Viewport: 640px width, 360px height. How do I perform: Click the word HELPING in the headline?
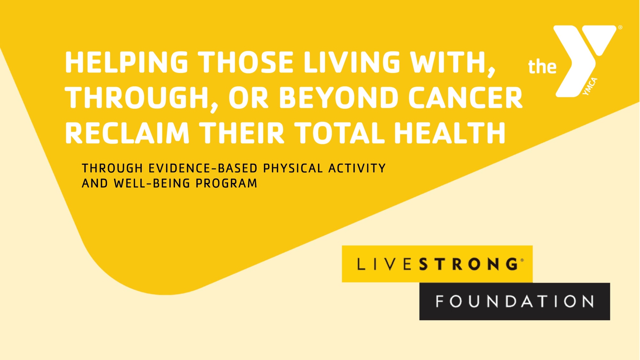coord(126,62)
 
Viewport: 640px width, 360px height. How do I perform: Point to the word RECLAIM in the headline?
coord(127,133)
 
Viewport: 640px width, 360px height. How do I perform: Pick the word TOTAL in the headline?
coord(339,133)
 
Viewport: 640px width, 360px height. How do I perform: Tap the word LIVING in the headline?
coord(352,62)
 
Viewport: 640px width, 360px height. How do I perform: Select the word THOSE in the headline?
coord(246,62)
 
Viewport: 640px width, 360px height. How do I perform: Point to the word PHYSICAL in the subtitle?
coord(293,168)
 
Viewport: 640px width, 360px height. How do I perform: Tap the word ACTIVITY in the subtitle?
coord(357,168)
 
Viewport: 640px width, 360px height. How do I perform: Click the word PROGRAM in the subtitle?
coord(227,183)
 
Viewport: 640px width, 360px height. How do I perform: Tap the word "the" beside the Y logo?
coord(542,67)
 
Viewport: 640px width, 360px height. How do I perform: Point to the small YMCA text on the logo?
coord(590,86)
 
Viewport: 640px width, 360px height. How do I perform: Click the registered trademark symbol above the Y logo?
coord(620,28)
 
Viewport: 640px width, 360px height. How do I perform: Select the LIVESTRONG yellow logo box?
coord(437,264)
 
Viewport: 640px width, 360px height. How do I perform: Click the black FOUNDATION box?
coord(515,301)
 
